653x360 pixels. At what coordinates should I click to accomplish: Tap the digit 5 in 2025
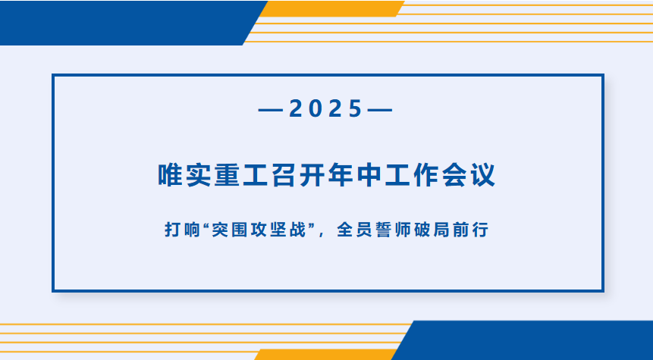pos(355,109)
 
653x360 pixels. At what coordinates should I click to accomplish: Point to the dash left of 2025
pos(271,111)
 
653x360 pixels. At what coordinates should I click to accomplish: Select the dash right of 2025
pos(380,111)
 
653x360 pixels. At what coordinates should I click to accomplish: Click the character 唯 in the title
pos(171,175)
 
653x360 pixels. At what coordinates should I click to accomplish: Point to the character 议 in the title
pos(482,175)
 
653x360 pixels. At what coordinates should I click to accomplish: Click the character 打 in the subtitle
pos(172,230)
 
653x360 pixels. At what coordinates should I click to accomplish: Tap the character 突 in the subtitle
pos(219,230)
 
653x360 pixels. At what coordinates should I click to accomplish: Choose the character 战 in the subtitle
pos(298,230)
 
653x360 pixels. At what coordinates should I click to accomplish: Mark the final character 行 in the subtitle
pos(481,230)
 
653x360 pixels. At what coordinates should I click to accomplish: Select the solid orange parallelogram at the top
pos(332,9)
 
